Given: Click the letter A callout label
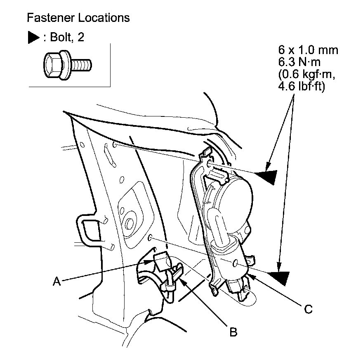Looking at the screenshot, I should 57,282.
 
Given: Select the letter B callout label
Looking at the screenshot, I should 233,332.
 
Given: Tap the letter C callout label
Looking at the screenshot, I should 307,308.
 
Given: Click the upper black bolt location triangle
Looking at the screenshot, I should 266,177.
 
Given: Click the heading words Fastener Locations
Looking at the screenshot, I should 78,18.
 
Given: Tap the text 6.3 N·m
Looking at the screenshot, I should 299,62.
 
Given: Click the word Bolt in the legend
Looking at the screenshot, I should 60,38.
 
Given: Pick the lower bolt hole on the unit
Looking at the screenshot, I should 235,263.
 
